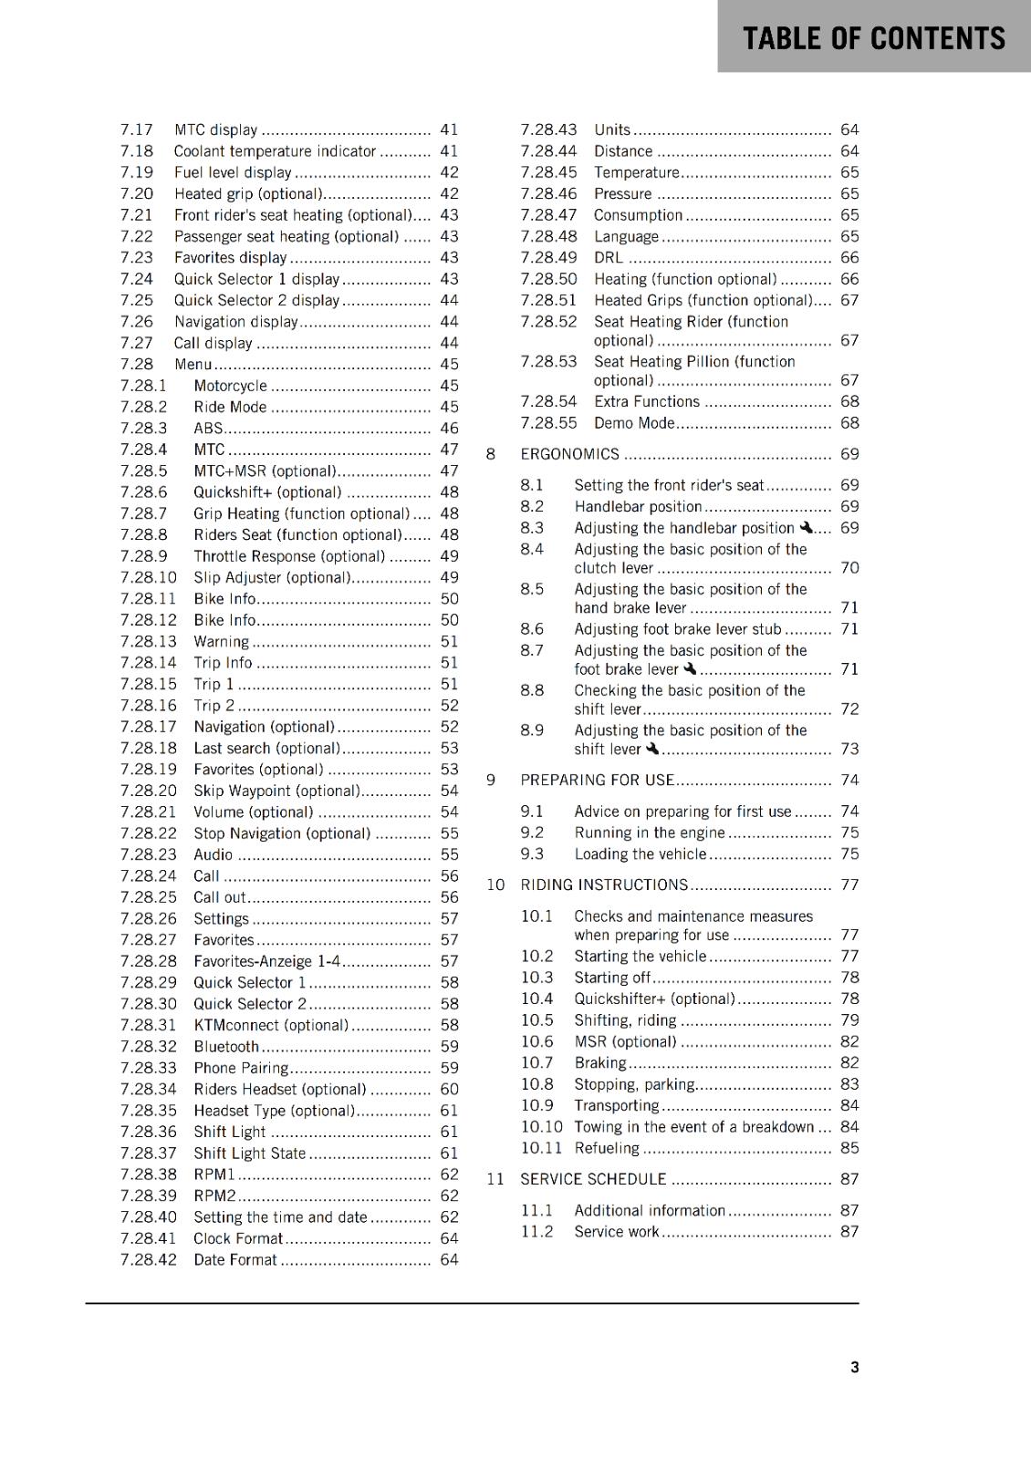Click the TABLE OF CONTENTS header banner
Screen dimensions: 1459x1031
(x=873, y=37)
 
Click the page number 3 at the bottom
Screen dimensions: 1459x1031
(x=854, y=1367)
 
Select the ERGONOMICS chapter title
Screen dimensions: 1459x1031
(x=569, y=454)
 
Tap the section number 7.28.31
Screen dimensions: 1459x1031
(x=149, y=1025)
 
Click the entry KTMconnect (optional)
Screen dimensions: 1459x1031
(x=270, y=1025)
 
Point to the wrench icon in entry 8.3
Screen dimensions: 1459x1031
(x=806, y=527)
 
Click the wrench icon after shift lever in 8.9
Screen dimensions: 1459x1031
(x=651, y=749)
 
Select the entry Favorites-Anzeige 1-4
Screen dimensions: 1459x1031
(x=266, y=961)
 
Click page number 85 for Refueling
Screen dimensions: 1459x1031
(x=849, y=1148)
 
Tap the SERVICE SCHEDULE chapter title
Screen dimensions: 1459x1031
(x=593, y=1179)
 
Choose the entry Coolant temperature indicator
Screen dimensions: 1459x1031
(x=275, y=151)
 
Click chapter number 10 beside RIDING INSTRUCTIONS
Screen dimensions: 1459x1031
(x=495, y=885)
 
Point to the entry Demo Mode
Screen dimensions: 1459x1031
(x=634, y=423)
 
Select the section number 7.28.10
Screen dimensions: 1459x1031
(x=149, y=577)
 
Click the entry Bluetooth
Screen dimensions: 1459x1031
(x=226, y=1047)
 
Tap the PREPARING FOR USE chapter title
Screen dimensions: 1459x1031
(x=597, y=780)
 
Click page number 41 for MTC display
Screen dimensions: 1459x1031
(x=449, y=129)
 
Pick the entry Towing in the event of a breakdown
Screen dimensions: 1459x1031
(x=693, y=1127)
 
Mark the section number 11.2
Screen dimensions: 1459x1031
(x=536, y=1232)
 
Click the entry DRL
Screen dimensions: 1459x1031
(x=609, y=258)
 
